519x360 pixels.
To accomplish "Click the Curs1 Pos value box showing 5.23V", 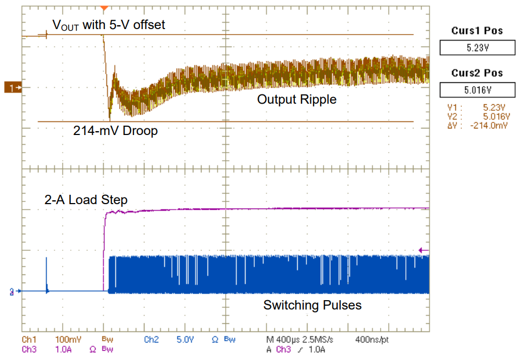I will point(477,48).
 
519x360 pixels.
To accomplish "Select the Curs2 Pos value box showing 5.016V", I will point(477,90).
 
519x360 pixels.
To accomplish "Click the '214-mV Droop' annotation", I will point(115,131).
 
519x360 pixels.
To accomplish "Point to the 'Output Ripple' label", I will point(297,99).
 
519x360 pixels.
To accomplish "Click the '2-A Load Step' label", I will point(86,200).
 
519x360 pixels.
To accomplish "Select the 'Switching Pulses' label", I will point(312,305).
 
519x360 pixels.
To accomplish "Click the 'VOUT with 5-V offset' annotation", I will point(108,25).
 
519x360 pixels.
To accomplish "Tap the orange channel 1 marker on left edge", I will point(12,87).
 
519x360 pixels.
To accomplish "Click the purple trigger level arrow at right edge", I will point(423,250).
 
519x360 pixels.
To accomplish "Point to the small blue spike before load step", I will point(47,272).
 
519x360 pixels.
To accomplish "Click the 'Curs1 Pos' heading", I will point(477,31).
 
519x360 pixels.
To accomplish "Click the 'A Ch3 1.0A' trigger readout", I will point(297,349).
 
